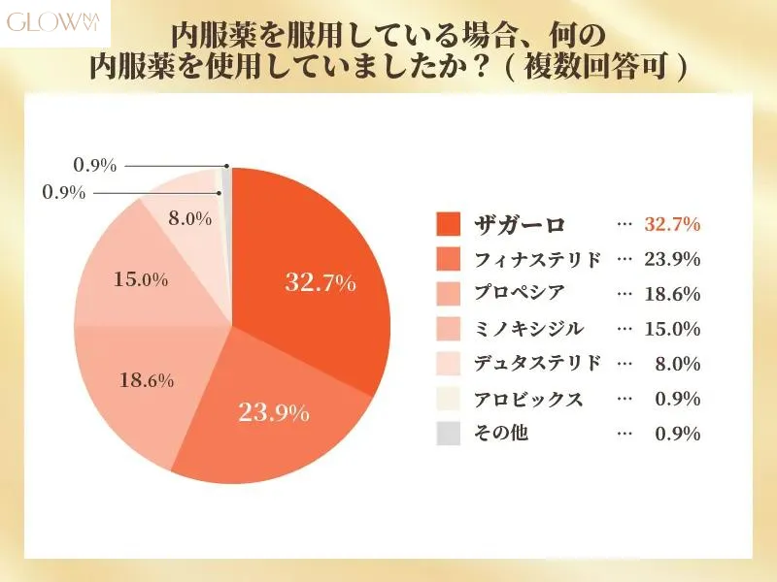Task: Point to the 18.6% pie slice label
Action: pyautogui.click(x=147, y=379)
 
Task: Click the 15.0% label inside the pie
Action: pyautogui.click(x=141, y=280)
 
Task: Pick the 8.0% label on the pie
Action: pyautogui.click(x=189, y=218)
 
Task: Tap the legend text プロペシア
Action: pyautogui.click(x=520, y=294)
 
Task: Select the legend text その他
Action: pyautogui.click(x=501, y=434)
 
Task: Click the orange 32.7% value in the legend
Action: pyautogui.click(x=673, y=224)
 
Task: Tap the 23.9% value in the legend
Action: pyautogui.click(x=673, y=259)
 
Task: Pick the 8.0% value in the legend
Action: pyautogui.click(x=678, y=364)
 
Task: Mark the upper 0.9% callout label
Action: pyautogui.click(x=95, y=166)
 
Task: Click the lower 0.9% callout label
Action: pyautogui.click(x=64, y=192)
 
